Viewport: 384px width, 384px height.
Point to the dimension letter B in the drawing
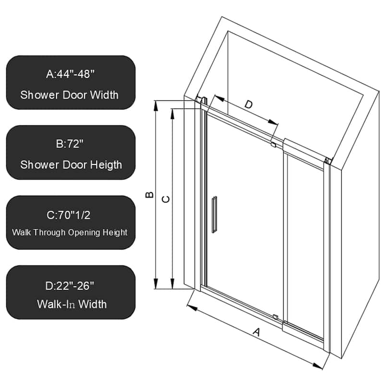(x=150, y=194)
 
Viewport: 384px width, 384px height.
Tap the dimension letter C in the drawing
(x=166, y=199)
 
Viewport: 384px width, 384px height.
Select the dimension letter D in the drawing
(x=249, y=105)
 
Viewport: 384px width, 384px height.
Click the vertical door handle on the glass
(x=215, y=214)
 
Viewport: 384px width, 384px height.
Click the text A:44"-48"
(x=71, y=74)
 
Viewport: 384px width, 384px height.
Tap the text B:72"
(x=71, y=144)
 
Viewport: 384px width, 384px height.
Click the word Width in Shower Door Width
(x=102, y=95)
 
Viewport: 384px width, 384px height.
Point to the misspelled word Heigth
(x=104, y=165)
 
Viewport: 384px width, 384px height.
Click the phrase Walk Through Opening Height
(x=70, y=232)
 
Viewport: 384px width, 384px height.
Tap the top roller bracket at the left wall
(x=203, y=101)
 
